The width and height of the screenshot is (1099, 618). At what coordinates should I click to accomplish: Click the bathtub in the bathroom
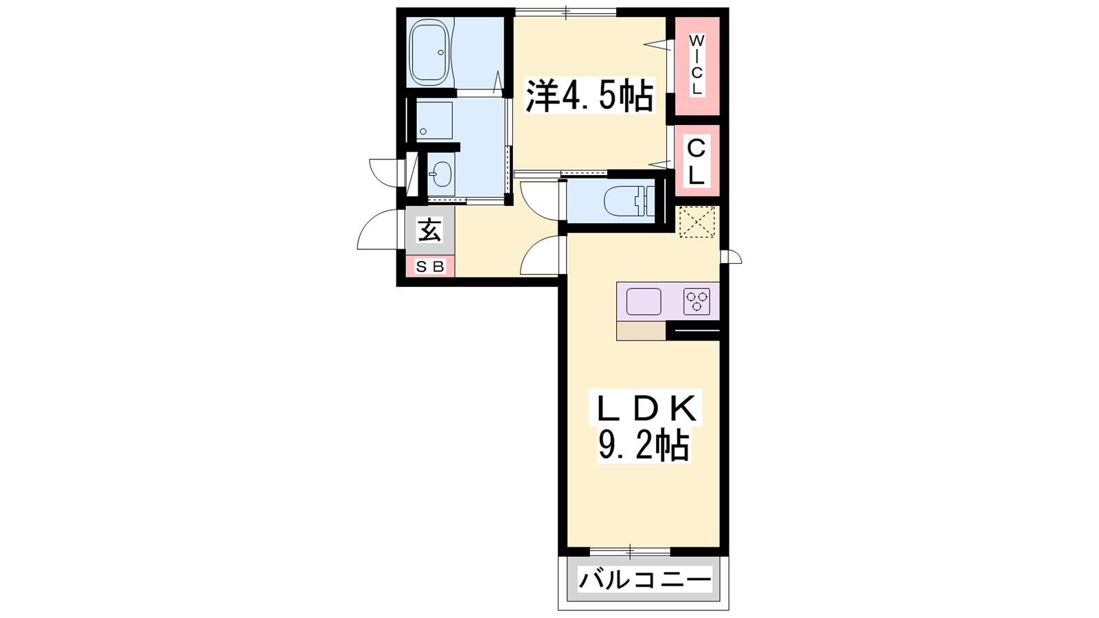430,52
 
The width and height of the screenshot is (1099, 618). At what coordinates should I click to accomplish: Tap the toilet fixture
629,202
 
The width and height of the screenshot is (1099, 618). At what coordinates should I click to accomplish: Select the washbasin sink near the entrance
442,174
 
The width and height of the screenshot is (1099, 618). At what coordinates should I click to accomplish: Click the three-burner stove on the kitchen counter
697,301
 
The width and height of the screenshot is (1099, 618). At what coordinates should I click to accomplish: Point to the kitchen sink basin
643,301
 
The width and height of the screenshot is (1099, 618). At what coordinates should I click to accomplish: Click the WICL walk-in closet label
696,65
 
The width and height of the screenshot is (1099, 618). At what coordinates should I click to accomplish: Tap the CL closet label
696,161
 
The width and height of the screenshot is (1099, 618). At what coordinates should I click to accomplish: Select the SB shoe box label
430,266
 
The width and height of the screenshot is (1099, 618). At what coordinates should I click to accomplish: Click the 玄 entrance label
429,229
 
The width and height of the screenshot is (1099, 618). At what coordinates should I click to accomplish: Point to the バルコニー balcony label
645,580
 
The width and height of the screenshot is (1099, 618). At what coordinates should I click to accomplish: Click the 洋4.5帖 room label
590,95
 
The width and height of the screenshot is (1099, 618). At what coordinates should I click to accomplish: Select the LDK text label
646,408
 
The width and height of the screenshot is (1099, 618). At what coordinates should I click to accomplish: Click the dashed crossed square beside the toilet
696,222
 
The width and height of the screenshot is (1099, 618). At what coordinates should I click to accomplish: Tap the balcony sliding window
630,552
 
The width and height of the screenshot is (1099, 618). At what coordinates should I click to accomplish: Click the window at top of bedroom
565,12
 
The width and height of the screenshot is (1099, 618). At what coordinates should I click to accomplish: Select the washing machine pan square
435,120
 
